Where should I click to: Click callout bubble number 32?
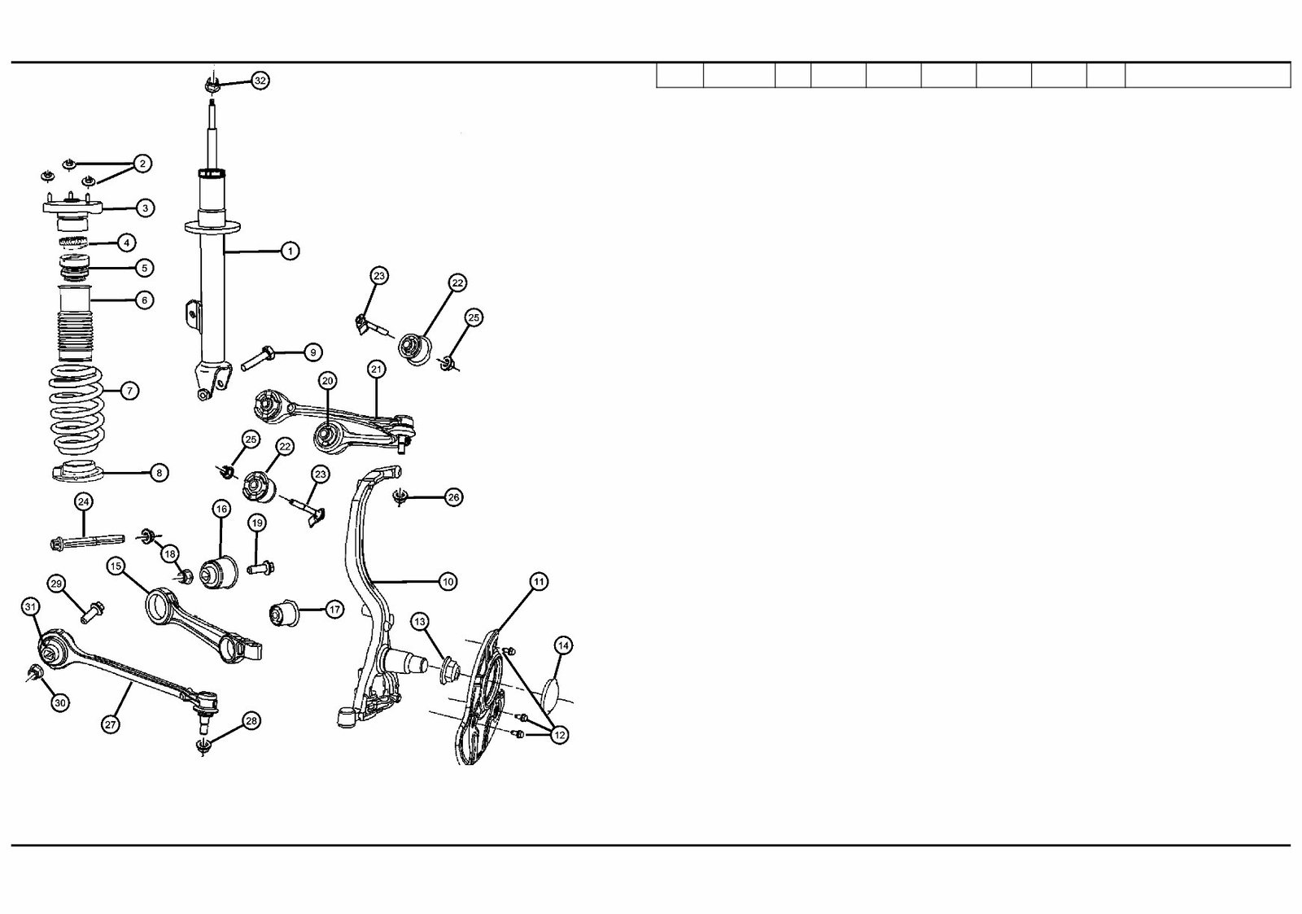click(x=260, y=81)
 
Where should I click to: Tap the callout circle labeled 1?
click(x=290, y=251)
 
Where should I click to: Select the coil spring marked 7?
click(x=77, y=412)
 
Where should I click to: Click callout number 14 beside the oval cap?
click(x=563, y=645)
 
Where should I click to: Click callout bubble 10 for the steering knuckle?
click(x=448, y=581)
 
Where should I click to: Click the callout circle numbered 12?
click(x=558, y=735)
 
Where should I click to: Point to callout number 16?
click(x=221, y=509)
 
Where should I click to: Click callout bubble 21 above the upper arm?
click(x=375, y=369)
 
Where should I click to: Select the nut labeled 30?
click(x=35, y=672)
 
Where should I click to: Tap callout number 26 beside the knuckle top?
click(x=453, y=496)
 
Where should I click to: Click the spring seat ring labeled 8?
click(x=80, y=472)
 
